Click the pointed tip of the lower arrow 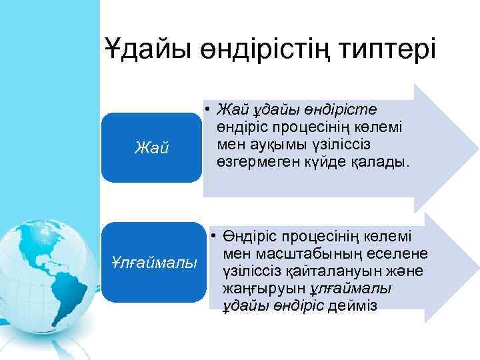click(475, 270)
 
